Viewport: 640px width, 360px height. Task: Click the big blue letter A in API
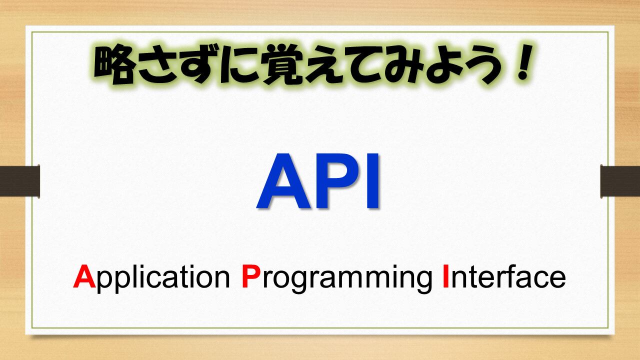[x=283, y=180]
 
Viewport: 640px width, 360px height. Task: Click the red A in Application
[x=84, y=276]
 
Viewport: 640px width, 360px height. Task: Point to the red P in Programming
[x=251, y=276]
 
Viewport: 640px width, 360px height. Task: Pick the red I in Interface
[x=445, y=276]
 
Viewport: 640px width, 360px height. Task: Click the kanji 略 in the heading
[x=114, y=64]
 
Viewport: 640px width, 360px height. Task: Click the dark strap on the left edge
[x=19, y=181]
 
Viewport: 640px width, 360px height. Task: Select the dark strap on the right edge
[x=620, y=181]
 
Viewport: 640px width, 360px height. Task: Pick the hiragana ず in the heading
[x=198, y=64]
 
